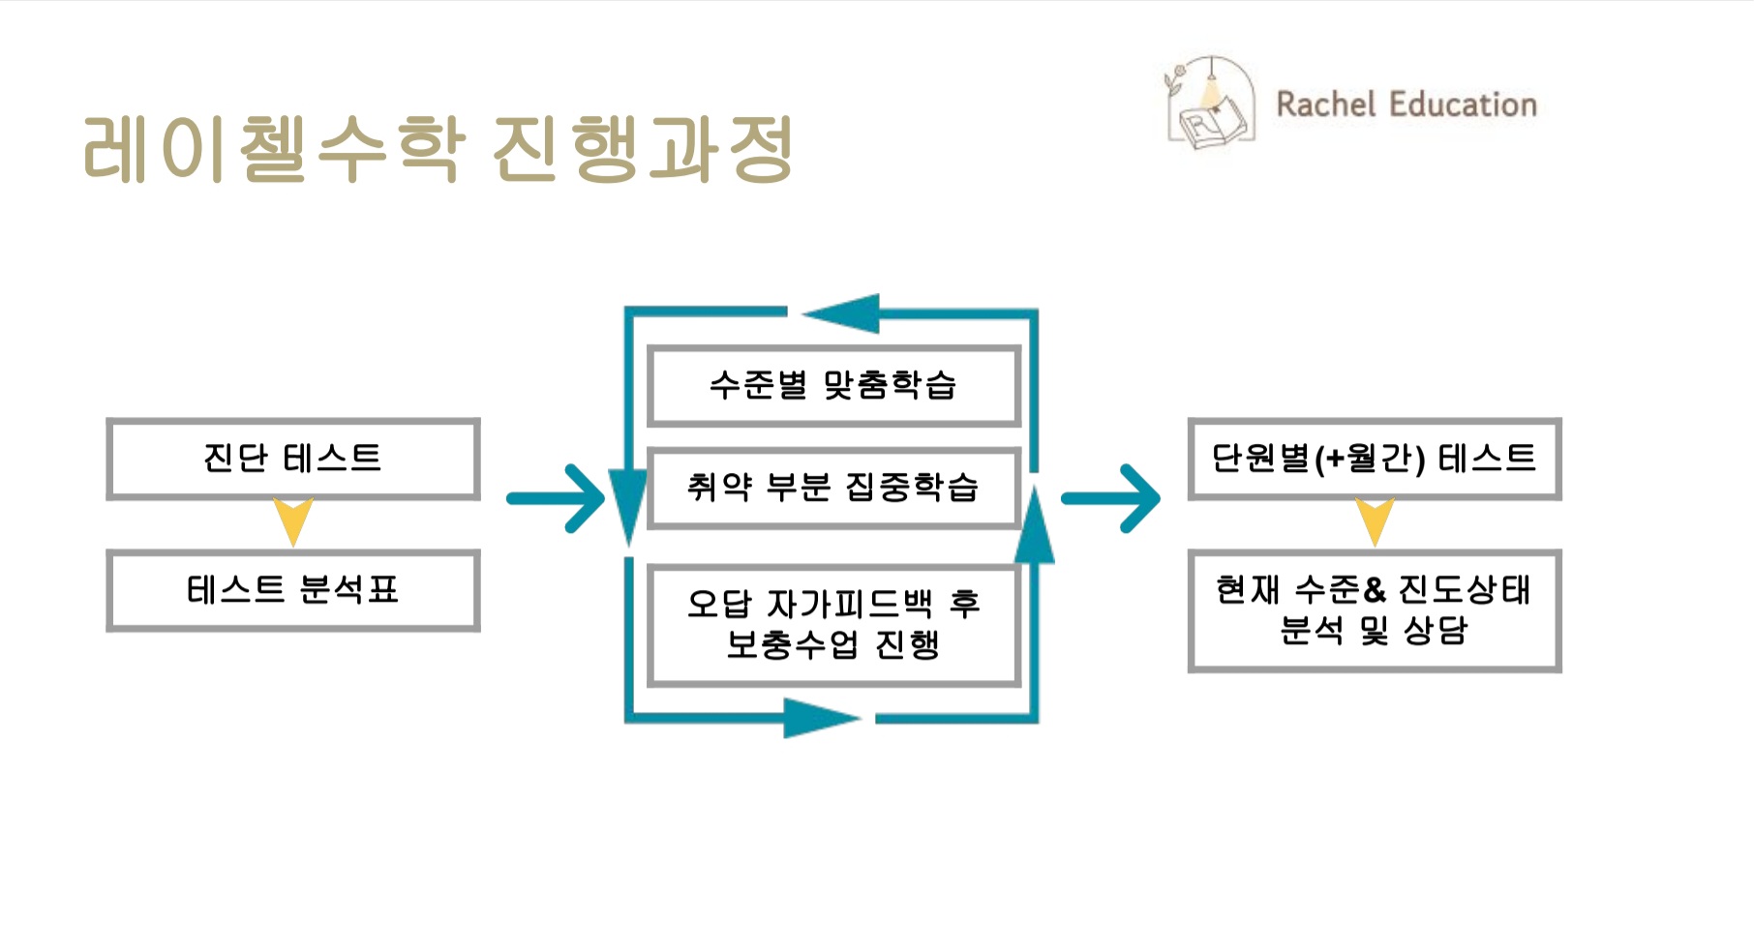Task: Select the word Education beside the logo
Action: [1464, 104]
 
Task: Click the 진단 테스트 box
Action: [292, 459]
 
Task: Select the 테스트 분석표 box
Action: [292, 590]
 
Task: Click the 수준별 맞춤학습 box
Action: [832, 385]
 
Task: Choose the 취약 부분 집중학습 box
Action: [832, 487]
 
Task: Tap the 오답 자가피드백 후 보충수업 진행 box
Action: [832, 624]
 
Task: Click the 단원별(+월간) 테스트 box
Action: [1374, 459]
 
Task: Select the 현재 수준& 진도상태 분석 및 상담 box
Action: [1374, 610]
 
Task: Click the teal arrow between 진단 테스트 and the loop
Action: [556, 499]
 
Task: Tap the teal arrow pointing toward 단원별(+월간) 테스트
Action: [1111, 499]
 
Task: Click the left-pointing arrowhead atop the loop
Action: [842, 313]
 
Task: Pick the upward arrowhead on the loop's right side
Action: [1035, 526]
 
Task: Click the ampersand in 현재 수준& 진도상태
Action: [1375, 589]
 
